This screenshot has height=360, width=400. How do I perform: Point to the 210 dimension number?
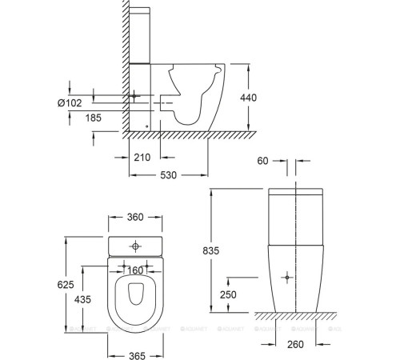(142, 157)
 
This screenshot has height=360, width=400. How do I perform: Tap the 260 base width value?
(297, 346)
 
